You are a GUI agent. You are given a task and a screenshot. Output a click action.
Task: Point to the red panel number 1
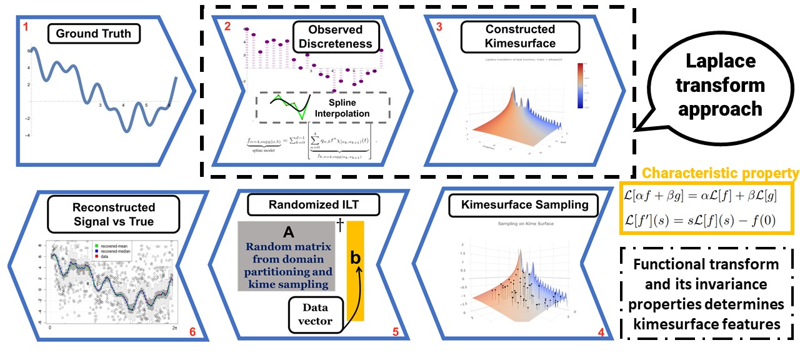point(25,27)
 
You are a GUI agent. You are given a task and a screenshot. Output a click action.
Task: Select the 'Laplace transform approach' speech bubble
point(719,85)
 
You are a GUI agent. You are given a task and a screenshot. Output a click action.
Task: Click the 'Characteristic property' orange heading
point(711,173)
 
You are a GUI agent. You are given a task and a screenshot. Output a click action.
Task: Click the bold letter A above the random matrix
point(288,232)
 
